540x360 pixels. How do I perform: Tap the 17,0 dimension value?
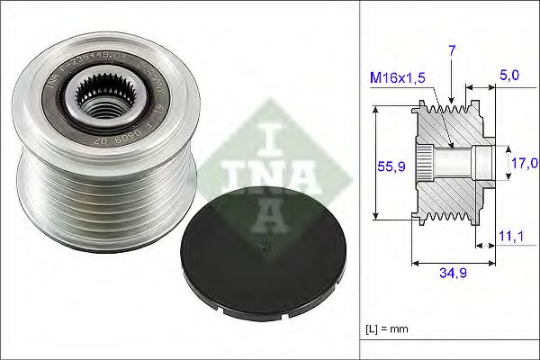(525, 163)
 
